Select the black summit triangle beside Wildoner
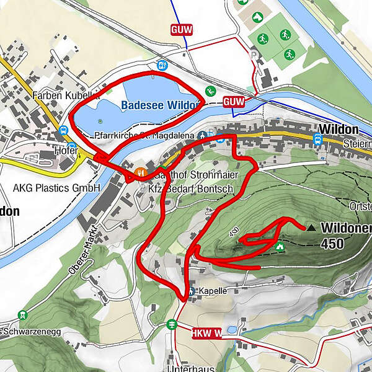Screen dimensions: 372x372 [x=311, y=228]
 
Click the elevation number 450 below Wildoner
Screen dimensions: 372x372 [x=332, y=244]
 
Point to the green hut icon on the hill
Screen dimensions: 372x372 [x=280, y=247]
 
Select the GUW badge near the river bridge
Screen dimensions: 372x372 [x=234, y=100]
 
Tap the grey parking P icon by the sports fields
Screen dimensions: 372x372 [x=252, y=55]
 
